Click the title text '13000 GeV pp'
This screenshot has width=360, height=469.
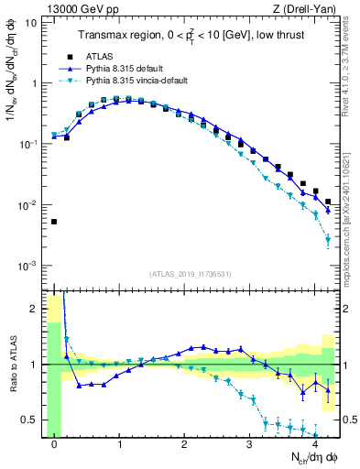coord(77,9)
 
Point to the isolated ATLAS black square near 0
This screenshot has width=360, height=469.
coord(55,222)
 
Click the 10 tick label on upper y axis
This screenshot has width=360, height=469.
coord(30,22)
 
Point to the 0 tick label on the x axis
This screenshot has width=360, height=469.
coord(55,444)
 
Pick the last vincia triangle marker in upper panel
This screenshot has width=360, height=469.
coord(328,240)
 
